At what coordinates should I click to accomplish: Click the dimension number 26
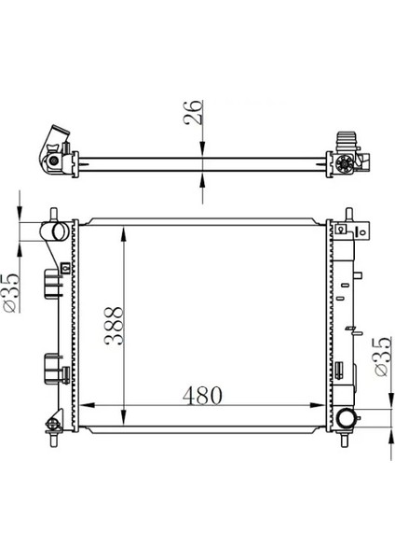point(193,112)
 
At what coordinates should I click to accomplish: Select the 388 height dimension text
point(114,326)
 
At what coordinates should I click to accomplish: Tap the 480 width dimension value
point(202,396)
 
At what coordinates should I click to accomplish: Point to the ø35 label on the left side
point(11,293)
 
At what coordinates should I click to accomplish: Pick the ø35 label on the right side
point(383,357)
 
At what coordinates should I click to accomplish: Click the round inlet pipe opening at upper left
point(60,231)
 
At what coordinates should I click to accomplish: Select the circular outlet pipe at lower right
point(347,418)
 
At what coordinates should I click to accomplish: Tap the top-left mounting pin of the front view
point(54,215)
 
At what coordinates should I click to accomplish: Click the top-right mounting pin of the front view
point(349,214)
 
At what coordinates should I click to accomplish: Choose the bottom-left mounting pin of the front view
point(54,440)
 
